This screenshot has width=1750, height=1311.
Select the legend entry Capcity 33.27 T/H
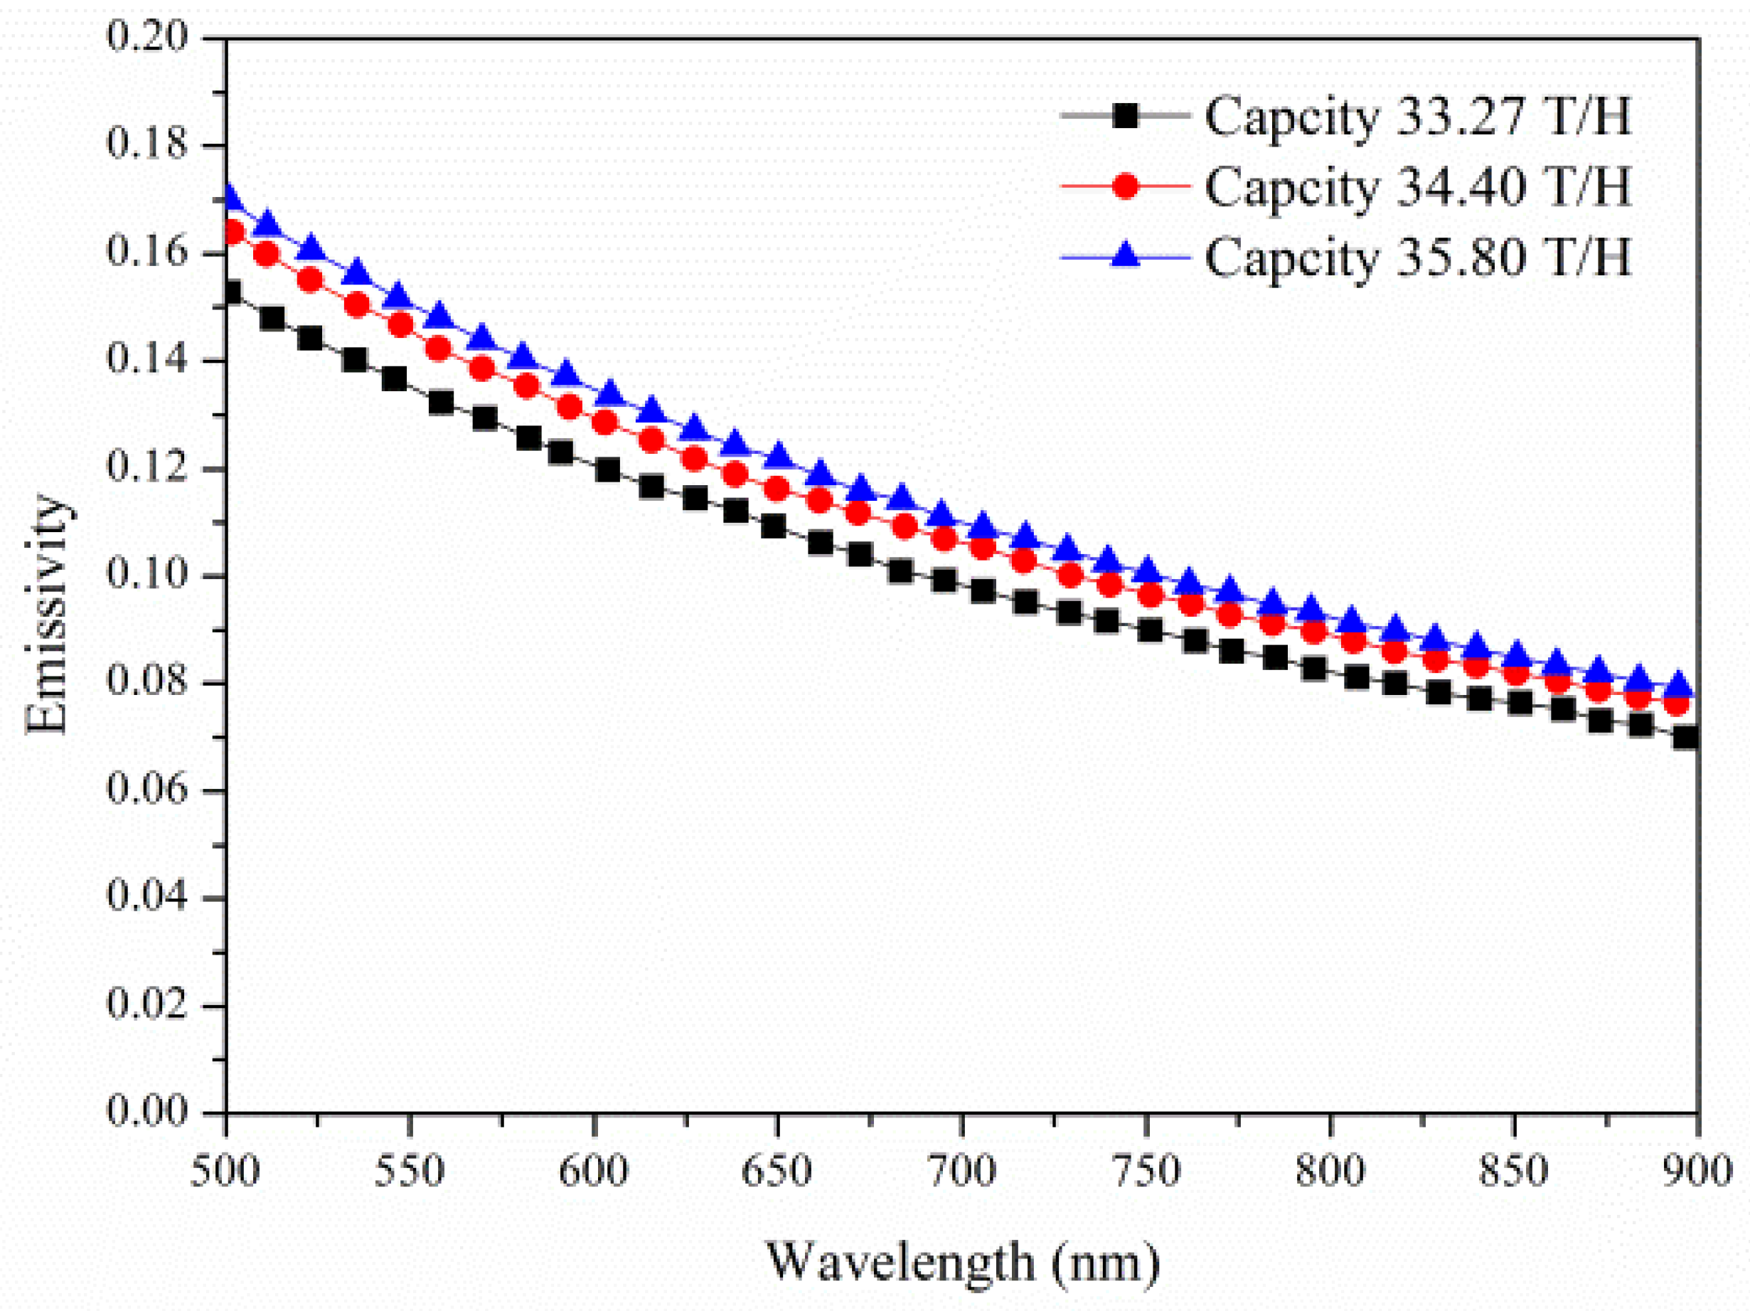point(1418,117)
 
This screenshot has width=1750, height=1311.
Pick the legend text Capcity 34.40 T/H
point(1418,188)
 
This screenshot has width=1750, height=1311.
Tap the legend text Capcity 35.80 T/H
point(1418,257)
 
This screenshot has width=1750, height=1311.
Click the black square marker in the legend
point(1124,117)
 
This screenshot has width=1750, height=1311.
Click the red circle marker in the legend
point(1124,186)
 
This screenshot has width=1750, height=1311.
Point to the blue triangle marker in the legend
point(1124,255)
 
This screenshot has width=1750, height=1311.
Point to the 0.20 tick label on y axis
point(148,36)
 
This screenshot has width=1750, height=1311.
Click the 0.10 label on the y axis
point(148,573)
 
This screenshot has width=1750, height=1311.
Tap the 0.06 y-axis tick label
point(148,789)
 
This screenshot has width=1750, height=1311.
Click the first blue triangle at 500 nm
point(230,196)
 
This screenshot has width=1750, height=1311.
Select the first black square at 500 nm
point(231,294)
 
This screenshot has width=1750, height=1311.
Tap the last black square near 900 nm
point(1686,738)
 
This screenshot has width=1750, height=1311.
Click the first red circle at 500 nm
point(233,233)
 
